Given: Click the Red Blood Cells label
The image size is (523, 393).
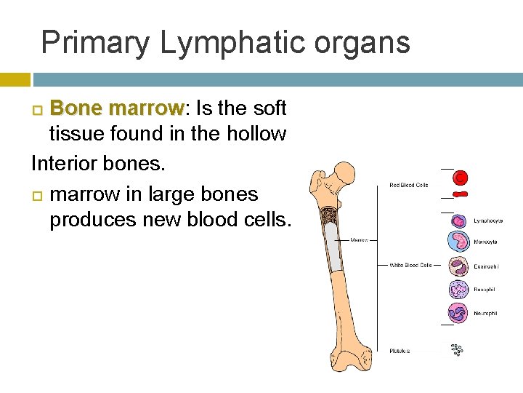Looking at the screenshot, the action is [409, 185].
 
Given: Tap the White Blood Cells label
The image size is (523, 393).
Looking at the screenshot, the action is [410, 265].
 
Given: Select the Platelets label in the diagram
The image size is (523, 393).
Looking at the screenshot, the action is [399, 351].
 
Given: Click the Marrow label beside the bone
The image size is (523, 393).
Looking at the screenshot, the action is [360, 239].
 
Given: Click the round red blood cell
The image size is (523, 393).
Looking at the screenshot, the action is [460, 177].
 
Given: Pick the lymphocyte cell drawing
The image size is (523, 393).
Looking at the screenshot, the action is [458, 218].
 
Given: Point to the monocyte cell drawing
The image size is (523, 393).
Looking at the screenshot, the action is [458, 241].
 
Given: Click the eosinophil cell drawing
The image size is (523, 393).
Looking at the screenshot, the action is [458, 266].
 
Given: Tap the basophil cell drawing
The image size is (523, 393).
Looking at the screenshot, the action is [458, 290].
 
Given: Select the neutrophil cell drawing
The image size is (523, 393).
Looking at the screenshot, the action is [458, 313].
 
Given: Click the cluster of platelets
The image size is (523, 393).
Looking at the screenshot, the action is [457, 350].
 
